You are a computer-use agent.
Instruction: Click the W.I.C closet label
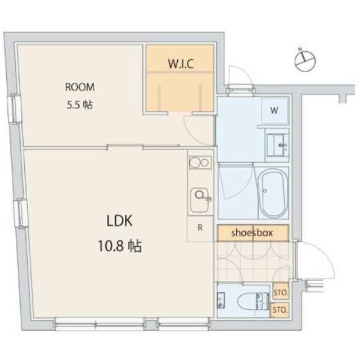point(181,64)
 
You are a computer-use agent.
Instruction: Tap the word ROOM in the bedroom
point(80,87)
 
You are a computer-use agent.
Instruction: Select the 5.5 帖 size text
point(80,105)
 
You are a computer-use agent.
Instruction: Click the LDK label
point(119,221)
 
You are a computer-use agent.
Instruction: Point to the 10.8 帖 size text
point(119,246)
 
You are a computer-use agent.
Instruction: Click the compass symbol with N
point(305,61)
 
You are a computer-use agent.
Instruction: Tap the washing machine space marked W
point(275,111)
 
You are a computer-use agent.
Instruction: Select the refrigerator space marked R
point(200,228)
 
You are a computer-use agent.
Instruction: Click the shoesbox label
point(252,233)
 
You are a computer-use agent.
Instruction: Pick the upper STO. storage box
point(281,292)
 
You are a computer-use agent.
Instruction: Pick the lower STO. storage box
point(280,310)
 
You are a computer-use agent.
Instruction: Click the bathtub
point(273,193)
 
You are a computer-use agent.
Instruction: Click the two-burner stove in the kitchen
point(200,163)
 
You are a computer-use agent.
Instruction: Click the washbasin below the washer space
point(277,145)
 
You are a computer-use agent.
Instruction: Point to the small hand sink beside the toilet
point(221,300)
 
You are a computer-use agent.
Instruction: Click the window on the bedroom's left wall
point(13,109)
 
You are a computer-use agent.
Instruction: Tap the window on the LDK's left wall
point(21,214)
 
